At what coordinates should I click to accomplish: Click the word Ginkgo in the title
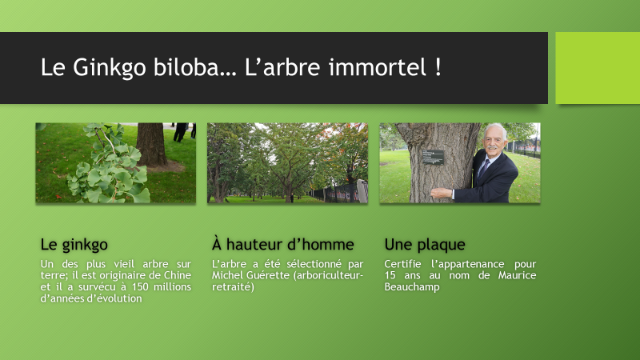(110, 67)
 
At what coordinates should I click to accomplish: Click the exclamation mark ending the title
(438, 67)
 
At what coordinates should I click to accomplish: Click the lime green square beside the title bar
(598, 68)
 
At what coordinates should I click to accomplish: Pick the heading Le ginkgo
(74, 245)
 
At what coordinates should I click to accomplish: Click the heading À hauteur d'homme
(282, 244)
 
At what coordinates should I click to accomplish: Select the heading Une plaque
(425, 245)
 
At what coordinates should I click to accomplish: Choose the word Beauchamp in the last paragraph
(412, 287)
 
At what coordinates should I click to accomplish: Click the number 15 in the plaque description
(390, 275)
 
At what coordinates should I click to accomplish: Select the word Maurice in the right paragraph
(517, 275)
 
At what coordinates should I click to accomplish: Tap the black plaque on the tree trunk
(433, 157)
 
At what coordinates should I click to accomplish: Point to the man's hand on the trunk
(442, 193)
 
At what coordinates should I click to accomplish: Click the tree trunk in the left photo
(151, 144)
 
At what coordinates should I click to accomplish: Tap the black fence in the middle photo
(334, 192)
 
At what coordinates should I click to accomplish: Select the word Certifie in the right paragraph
(402, 264)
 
